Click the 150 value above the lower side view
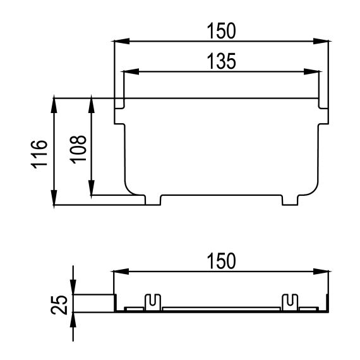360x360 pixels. point(221,260)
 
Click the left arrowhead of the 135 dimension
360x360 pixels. point(128,71)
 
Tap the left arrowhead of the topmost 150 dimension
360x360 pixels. point(119,42)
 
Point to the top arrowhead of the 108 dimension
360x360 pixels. point(92,103)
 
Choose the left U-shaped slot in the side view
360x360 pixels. point(152,301)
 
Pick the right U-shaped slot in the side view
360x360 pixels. point(291,301)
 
